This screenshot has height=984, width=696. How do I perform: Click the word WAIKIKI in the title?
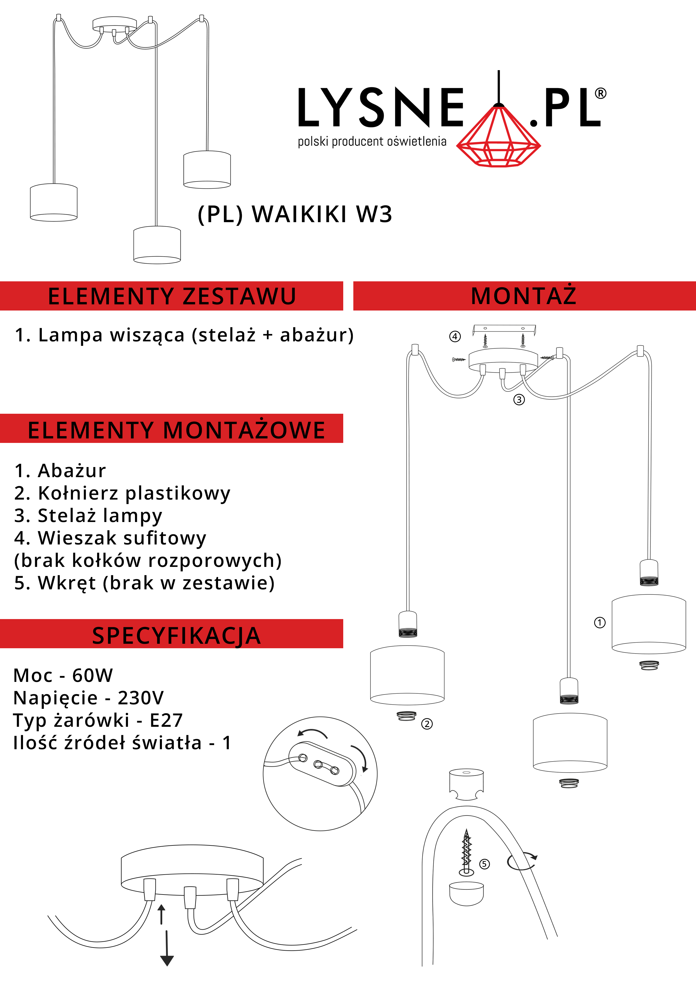(x=299, y=214)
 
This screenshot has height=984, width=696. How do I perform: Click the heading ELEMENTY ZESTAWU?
(x=172, y=296)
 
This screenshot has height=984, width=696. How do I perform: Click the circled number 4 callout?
(x=455, y=336)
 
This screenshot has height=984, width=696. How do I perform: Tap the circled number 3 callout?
(x=519, y=400)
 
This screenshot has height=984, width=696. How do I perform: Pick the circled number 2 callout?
(x=427, y=724)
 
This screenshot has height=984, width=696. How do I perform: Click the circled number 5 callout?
(x=484, y=864)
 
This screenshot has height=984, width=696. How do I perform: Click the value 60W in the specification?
(x=93, y=675)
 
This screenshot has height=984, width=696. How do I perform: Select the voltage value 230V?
(x=141, y=698)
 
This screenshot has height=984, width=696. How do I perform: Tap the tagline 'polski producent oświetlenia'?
(x=372, y=141)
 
